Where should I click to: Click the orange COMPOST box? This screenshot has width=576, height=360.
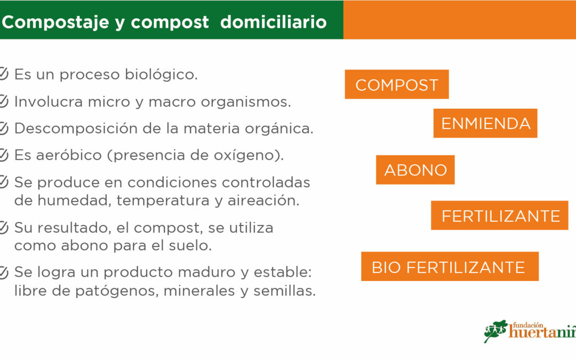[x=397, y=84]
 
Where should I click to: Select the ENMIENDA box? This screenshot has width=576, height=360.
[x=485, y=123]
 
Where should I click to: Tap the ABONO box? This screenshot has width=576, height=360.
[x=415, y=170]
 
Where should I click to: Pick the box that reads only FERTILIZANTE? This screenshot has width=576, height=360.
[x=500, y=215]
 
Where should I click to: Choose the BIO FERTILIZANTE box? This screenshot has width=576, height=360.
[x=450, y=266]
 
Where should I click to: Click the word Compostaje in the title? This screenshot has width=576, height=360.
[x=55, y=22]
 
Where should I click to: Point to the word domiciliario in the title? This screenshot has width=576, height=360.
[x=273, y=22]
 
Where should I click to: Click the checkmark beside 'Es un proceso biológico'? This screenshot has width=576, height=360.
[x=3, y=74]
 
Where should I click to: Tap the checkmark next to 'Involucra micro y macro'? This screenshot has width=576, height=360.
[x=3, y=101]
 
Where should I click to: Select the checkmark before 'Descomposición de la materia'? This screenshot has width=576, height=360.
[x=3, y=128]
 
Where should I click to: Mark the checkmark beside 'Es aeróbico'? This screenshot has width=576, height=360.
[x=3, y=155]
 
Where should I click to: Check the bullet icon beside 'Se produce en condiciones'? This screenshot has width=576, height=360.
[x=3, y=182]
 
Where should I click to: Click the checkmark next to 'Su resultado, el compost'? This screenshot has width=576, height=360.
[x=3, y=228]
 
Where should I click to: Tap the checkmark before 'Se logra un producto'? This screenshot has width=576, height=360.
[x=3, y=273]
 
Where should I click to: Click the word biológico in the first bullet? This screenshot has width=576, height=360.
[x=161, y=75]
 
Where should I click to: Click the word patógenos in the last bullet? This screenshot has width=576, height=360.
[x=117, y=291]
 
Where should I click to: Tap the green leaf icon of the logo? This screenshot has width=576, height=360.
[x=495, y=331]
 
